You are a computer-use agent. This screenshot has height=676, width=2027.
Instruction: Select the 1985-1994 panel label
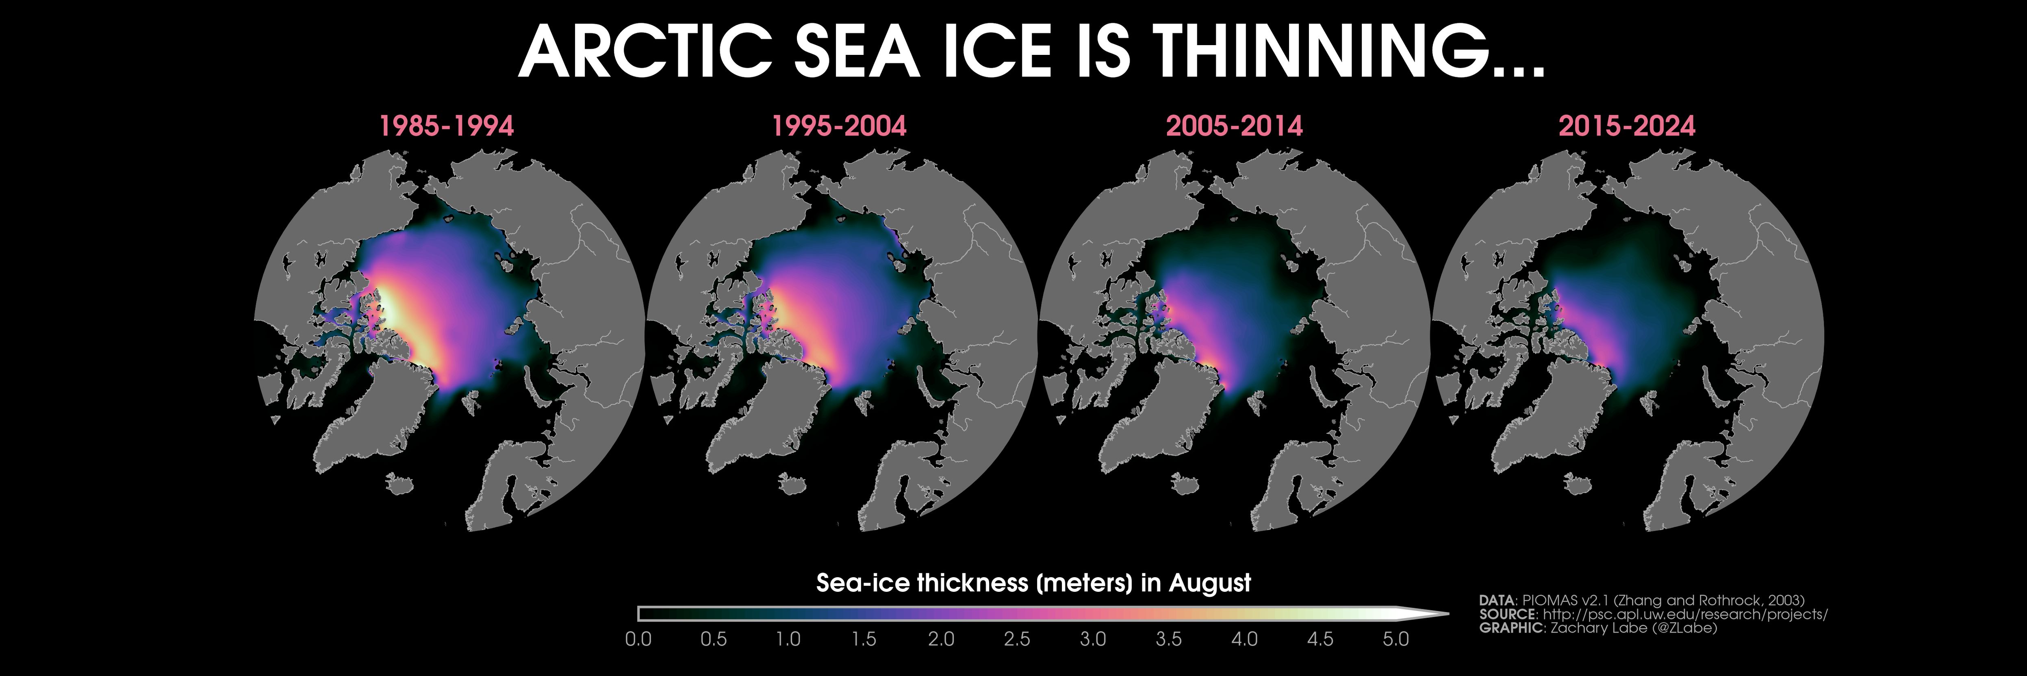coord(446,126)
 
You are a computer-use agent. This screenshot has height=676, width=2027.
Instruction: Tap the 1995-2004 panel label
coord(839,126)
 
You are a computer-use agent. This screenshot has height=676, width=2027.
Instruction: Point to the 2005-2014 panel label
coord(1234,126)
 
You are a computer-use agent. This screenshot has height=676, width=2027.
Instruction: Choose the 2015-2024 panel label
coord(1626,126)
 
